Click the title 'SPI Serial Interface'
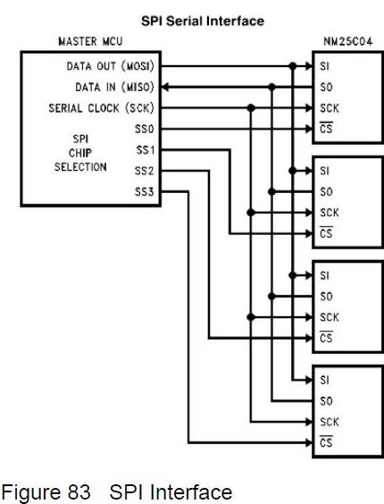pos(203,21)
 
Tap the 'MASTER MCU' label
pos(90,41)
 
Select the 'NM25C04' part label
pos(348,41)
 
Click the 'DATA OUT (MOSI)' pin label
pos(110,66)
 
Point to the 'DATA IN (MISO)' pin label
pos(114,87)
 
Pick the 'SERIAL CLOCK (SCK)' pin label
pos(101,108)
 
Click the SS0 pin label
pos(145,130)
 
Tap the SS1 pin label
pos(146,150)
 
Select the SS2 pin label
pos(145,171)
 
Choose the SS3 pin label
pos(145,192)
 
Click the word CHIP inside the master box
pos(80,153)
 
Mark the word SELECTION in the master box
pos(80,167)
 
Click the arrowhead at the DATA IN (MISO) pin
pos(164,87)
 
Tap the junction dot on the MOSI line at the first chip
pos(292,66)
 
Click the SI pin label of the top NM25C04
pos(324,66)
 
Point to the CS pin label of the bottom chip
pos(326,442)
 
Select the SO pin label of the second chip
pos(326,192)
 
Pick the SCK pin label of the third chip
pos(330,317)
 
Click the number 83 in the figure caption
pos(79,492)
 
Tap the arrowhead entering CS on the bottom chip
pos(309,443)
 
